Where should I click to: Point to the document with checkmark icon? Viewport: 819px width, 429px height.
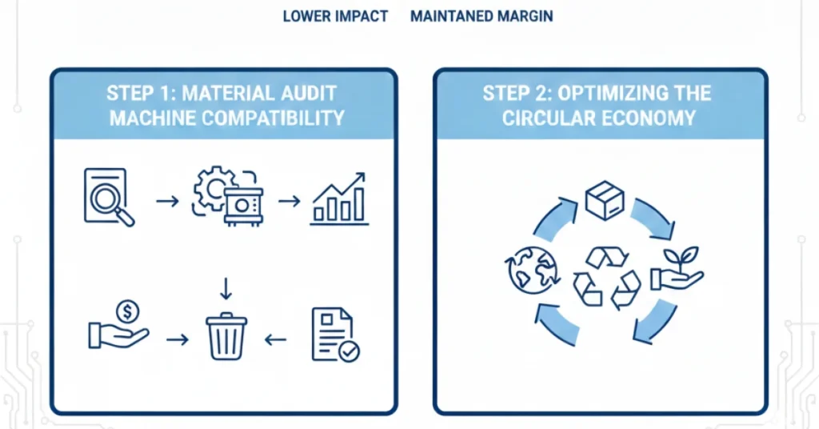coord(335,335)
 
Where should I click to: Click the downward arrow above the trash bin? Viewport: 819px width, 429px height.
coord(226,287)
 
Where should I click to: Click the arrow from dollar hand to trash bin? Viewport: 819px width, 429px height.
coord(177,339)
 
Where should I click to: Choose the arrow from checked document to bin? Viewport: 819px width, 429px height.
coord(275,339)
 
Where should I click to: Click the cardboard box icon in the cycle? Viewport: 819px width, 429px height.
coord(604,200)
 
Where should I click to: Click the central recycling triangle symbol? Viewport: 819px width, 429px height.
coord(606,277)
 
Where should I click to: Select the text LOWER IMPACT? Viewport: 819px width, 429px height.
coord(335,16)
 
